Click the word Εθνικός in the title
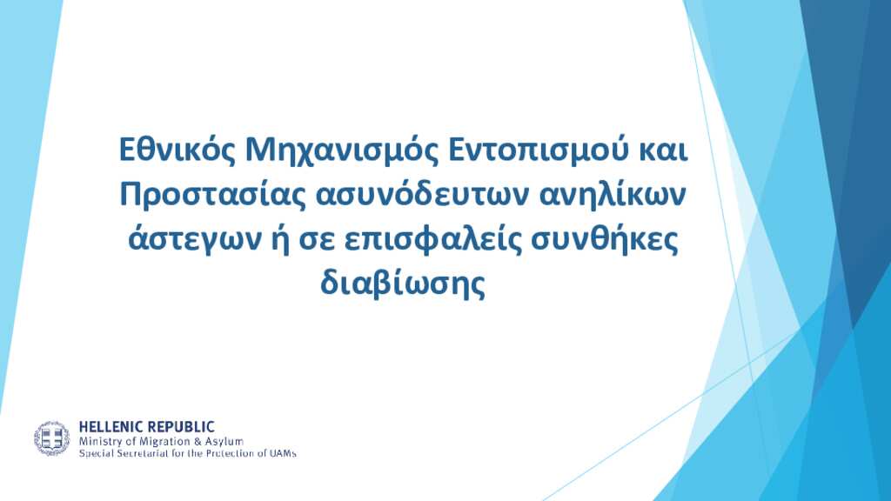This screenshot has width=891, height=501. (178, 150)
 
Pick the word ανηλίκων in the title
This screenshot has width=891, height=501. (612, 196)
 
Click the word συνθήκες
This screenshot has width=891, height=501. (605, 240)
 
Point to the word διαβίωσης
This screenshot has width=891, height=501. (403, 284)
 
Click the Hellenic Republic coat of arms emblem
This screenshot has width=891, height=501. (51, 438)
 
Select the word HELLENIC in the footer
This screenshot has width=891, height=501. (109, 427)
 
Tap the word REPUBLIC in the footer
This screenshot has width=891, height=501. (178, 427)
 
